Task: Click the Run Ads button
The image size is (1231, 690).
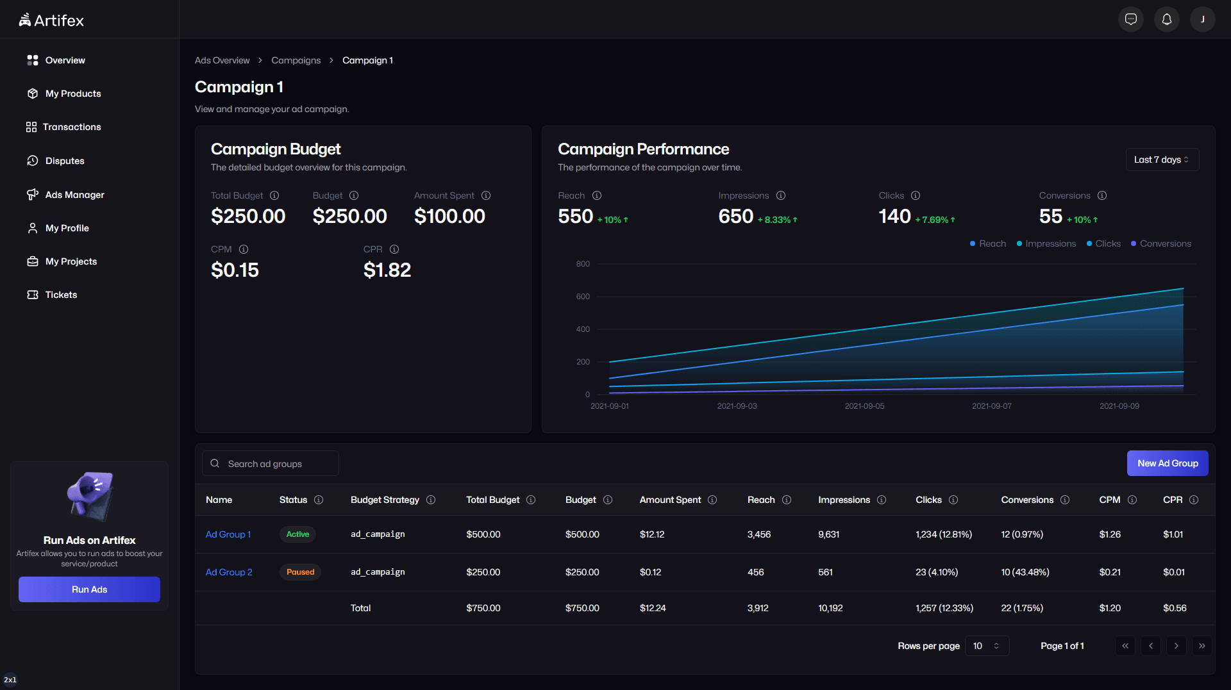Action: pos(89,589)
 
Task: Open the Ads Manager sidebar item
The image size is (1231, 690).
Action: pos(74,195)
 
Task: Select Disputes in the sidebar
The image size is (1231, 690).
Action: pos(64,161)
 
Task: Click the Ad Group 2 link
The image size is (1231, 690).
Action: pos(229,572)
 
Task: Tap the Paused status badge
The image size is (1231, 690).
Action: pos(300,572)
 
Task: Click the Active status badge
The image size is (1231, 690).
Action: pos(297,534)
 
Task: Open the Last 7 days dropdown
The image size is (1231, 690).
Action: pos(1161,160)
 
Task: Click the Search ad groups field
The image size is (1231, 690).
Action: pos(276,464)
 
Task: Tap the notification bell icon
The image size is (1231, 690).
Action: pos(1166,19)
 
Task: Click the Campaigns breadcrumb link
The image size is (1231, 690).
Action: pos(296,60)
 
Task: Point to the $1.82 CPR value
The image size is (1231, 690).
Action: pos(387,270)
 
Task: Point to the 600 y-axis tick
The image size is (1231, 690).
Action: pos(582,297)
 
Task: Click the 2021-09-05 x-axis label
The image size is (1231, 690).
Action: pos(864,406)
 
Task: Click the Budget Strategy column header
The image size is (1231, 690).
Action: pos(385,500)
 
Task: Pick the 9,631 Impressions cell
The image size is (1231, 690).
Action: pos(828,534)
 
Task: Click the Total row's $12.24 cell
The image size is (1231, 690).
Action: pos(653,608)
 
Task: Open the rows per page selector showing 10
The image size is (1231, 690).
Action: pos(986,646)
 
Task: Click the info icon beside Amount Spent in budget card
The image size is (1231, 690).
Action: pos(486,195)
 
